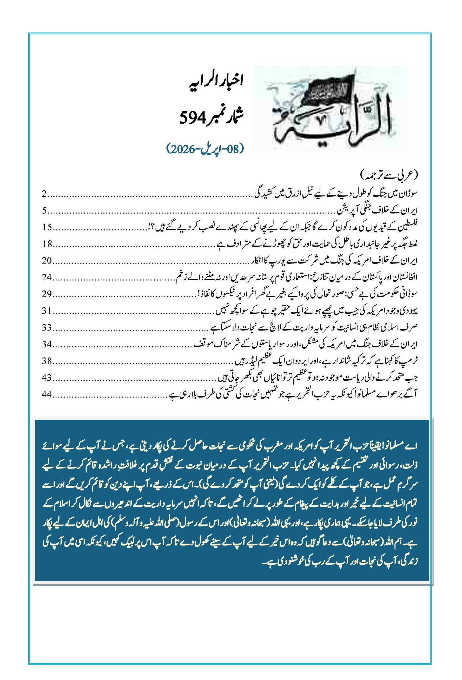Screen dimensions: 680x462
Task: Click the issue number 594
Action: pos(190,118)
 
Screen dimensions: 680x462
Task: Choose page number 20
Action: pos(47,260)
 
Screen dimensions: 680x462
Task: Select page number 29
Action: pos(47,294)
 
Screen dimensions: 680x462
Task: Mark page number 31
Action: pos(47,311)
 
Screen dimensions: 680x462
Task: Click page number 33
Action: pos(47,327)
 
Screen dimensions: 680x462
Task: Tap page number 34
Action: pos(47,344)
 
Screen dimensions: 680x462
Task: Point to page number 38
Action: pos(47,361)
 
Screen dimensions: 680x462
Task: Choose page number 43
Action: pos(47,378)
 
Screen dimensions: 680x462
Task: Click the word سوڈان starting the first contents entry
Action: pos(409,194)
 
